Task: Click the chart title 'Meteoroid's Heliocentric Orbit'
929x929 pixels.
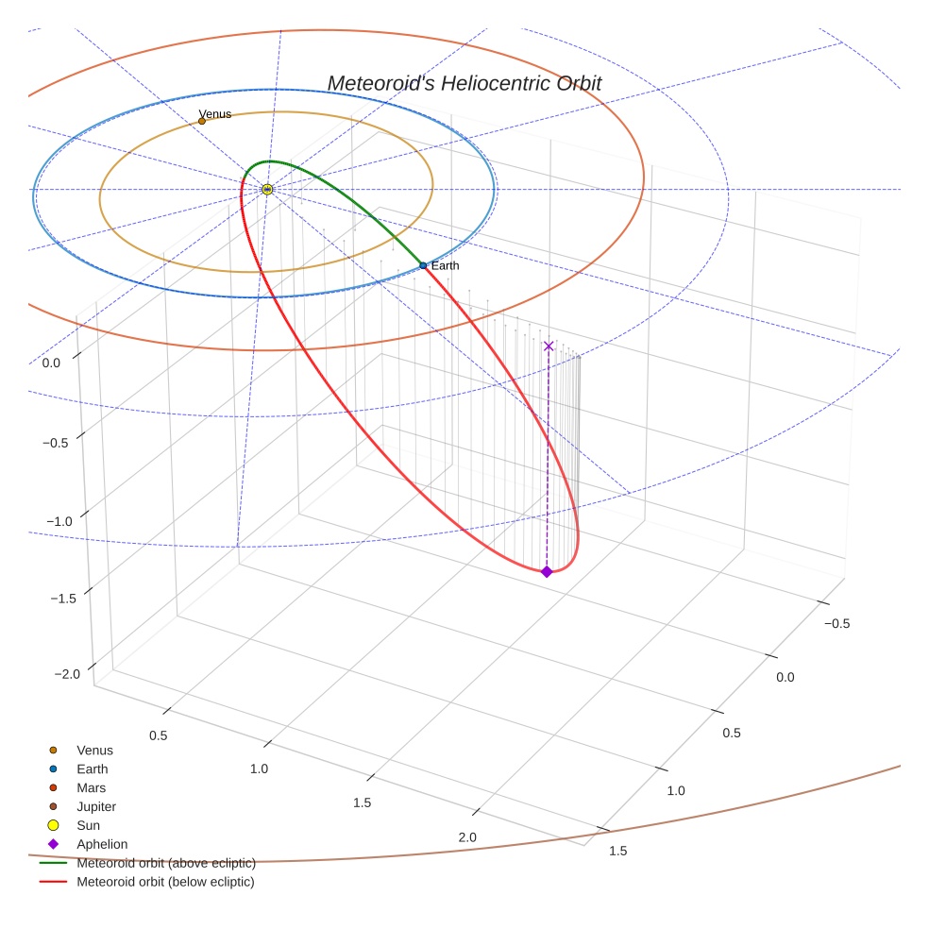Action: click(464, 83)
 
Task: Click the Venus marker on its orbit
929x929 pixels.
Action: click(202, 121)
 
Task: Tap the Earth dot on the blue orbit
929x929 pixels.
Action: click(423, 266)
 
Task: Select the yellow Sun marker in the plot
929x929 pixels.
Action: click(267, 190)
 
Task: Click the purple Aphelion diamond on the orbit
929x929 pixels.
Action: click(547, 571)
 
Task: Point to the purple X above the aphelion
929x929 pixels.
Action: click(549, 346)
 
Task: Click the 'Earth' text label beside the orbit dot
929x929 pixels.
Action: click(445, 266)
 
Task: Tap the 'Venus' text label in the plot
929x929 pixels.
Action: click(215, 114)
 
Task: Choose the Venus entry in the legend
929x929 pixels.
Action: click(94, 751)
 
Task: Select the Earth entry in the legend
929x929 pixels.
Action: click(92, 769)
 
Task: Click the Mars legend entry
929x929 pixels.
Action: click(91, 788)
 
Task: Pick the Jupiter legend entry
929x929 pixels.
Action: click(96, 807)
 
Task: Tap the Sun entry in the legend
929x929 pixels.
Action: click(88, 826)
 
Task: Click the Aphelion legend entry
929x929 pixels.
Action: click(101, 845)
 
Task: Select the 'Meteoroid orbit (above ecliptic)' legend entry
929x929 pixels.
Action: click(165, 863)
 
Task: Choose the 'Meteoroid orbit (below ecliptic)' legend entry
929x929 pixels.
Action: click(165, 882)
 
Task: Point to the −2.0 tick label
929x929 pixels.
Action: click(67, 674)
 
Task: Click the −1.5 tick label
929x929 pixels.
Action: click(63, 599)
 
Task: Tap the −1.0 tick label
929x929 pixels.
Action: click(59, 522)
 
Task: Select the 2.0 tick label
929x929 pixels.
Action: click(466, 837)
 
